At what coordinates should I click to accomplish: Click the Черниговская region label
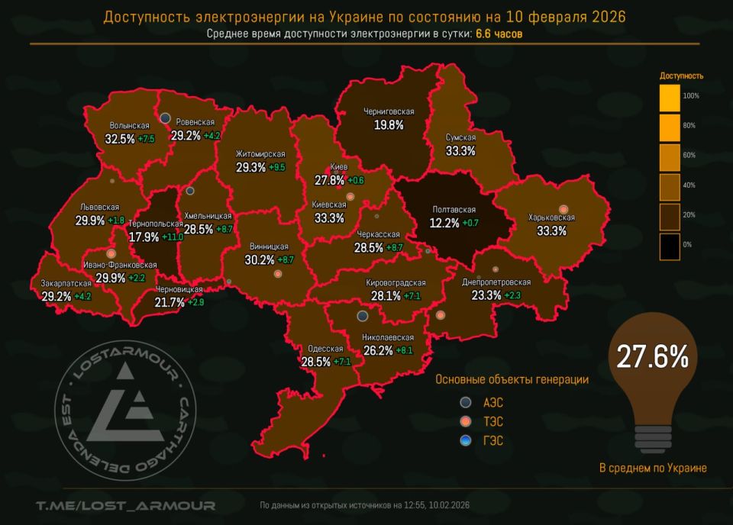coord(389,112)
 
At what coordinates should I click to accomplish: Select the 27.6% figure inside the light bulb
coord(648,357)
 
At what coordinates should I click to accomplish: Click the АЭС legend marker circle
coord(466,402)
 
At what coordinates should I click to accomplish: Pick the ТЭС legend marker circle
coord(466,421)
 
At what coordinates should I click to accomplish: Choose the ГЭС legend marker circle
coord(466,440)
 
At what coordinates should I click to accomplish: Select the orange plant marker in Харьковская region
coord(563,209)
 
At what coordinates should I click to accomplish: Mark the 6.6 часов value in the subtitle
coord(499,34)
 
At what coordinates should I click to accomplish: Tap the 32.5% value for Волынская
coord(120,139)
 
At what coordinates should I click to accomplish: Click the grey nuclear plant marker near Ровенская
coord(165,118)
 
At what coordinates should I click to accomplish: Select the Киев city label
coord(339,167)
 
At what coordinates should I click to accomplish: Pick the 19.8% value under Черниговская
coord(389,125)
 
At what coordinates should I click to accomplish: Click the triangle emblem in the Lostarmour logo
coord(128,401)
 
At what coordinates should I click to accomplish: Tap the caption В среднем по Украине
coord(653,468)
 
